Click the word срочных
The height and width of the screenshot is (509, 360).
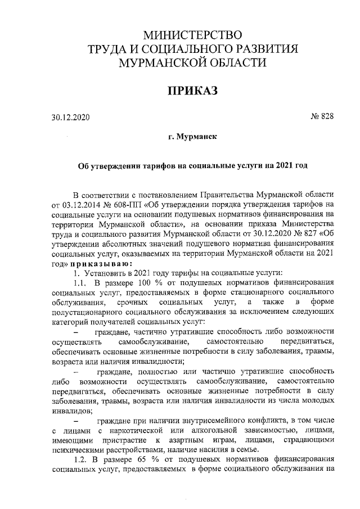(131, 304)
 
